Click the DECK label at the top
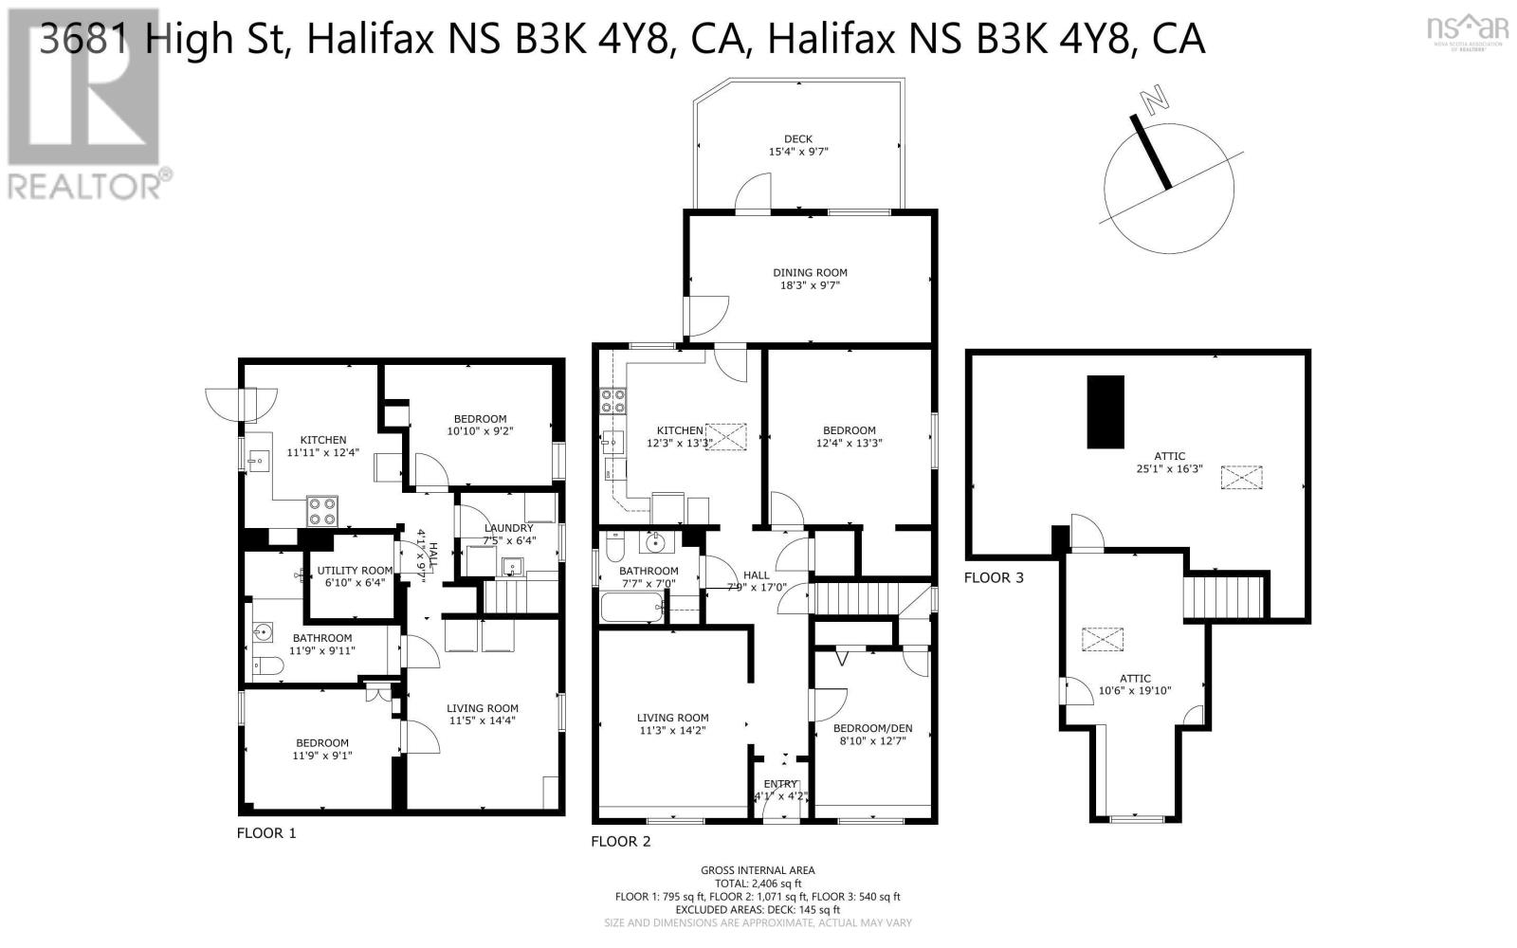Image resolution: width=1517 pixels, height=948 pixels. [797, 139]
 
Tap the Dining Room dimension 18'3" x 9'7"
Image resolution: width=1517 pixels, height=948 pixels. [809, 285]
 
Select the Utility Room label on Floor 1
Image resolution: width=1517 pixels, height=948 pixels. [355, 570]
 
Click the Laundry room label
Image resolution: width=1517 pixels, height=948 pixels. [508, 528]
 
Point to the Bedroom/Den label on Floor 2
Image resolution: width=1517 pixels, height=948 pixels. [872, 728]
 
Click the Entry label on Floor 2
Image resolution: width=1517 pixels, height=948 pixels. [780, 784]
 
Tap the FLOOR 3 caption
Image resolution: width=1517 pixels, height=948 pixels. [994, 577]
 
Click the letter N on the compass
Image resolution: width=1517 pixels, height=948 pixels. [1153, 100]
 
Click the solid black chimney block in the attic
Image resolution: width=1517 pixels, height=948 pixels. [1105, 411]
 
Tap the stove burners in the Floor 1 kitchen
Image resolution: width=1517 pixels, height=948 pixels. [321, 512]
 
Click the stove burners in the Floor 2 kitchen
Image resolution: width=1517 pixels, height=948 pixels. [612, 400]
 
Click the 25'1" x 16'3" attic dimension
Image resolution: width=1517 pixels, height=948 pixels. [1169, 468]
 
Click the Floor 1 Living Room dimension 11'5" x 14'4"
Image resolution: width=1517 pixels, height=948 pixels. [483, 720]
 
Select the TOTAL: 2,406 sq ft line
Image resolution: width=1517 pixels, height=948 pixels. [758, 883]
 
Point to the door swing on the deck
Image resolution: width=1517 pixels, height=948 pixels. [754, 191]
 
